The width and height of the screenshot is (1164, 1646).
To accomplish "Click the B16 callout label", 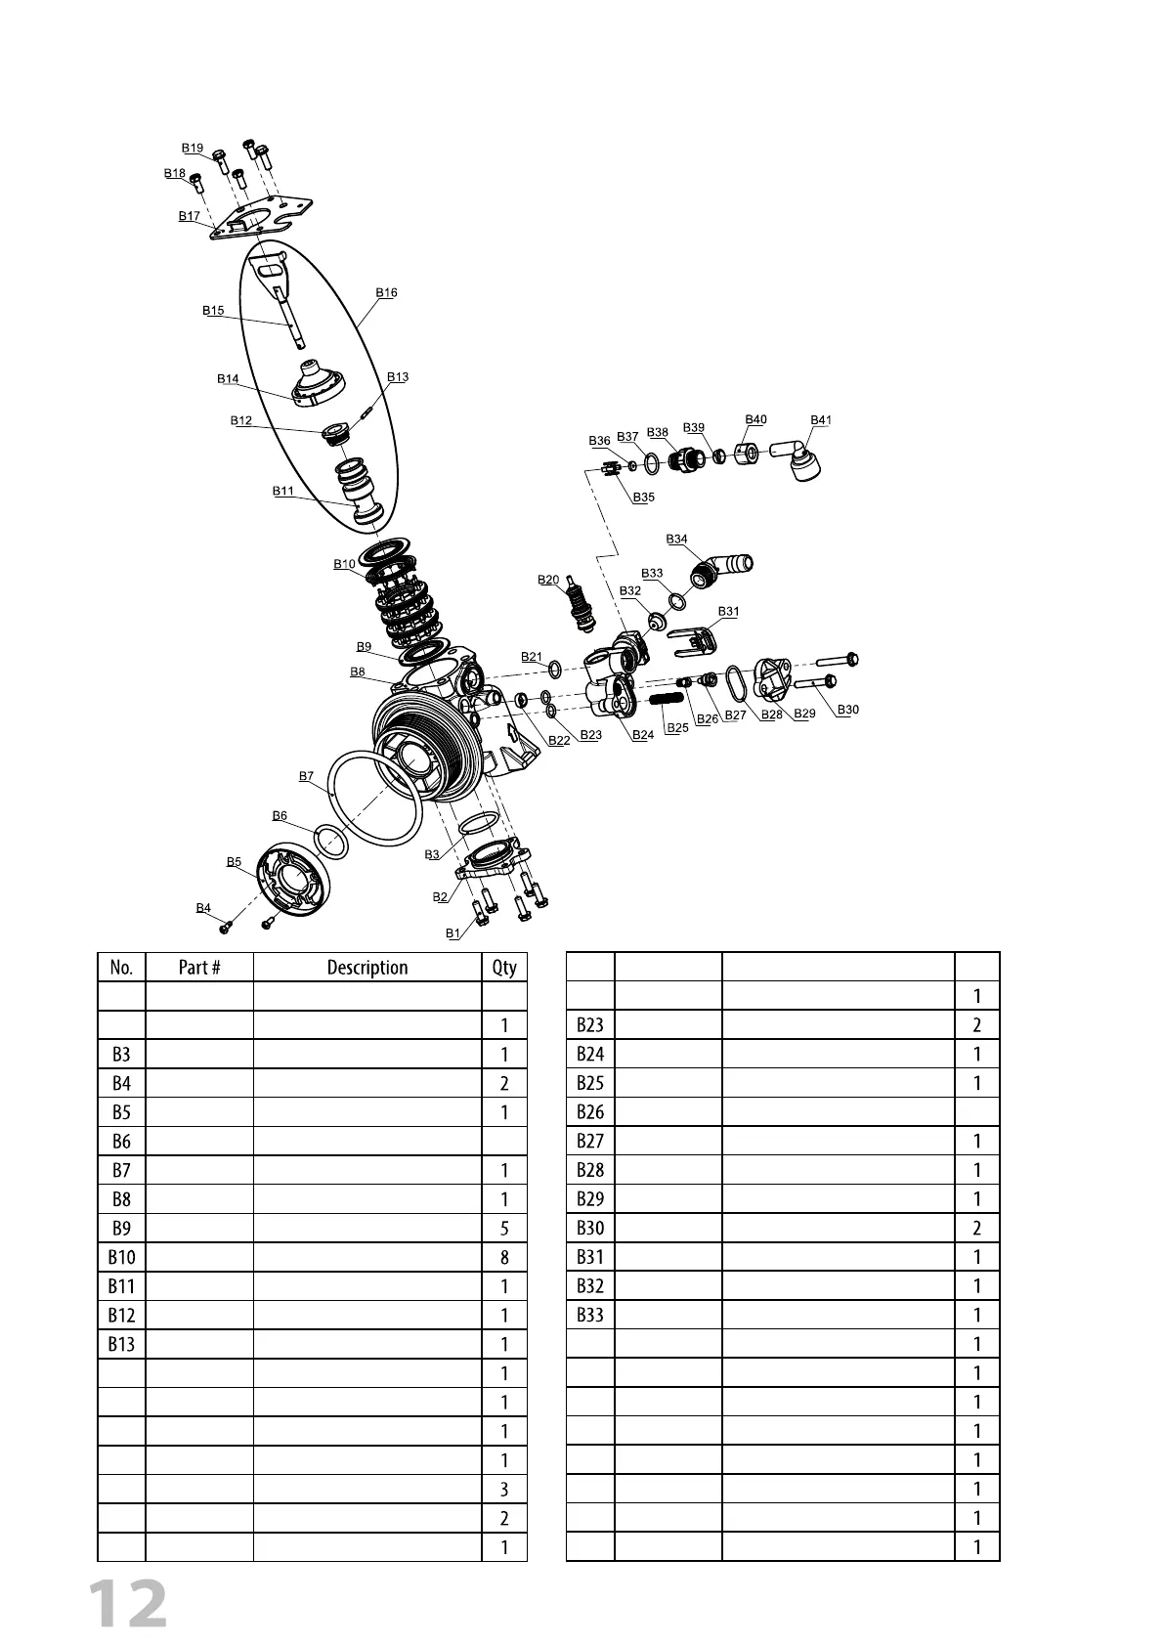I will coord(386,292).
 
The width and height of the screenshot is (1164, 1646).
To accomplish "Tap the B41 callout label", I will coord(821,420).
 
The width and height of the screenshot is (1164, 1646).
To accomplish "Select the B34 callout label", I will coord(676,540).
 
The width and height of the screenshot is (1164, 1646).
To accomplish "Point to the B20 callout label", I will coord(548,580).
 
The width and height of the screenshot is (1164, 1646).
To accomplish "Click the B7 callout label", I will coord(306,776).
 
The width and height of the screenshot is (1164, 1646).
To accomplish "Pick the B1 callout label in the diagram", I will coord(453,933).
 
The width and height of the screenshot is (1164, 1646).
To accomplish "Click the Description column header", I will coord(367,968).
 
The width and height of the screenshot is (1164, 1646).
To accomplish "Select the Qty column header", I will coord(504,968).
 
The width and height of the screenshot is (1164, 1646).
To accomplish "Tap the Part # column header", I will coord(199,968).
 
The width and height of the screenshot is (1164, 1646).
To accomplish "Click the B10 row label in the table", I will coord(121,1257).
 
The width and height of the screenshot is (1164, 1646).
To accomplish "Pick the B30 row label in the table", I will coord(590,1228).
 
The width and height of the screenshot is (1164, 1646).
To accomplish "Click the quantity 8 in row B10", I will coord(504,1257).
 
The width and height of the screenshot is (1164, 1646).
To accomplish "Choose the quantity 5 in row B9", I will coord(504,1228).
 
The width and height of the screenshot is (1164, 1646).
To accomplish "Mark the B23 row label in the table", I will coord(590,1025).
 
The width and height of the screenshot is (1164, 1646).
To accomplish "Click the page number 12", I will coord(128,1604).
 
